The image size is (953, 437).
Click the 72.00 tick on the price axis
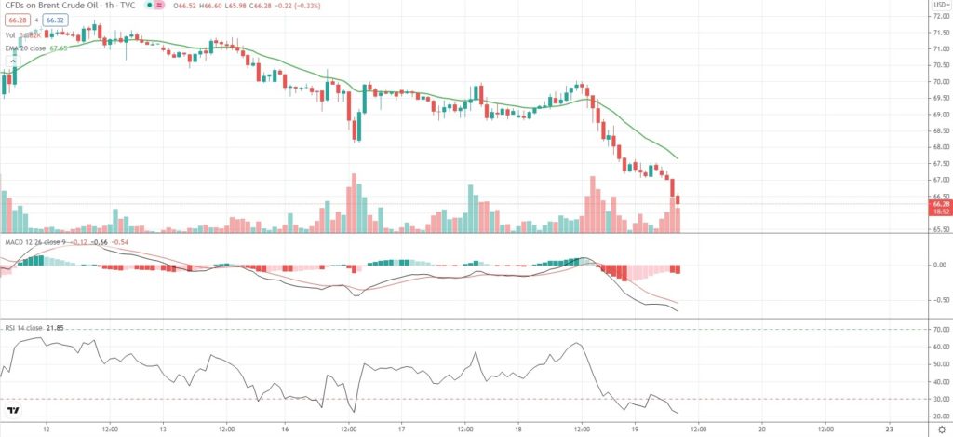939,14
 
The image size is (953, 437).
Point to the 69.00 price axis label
939,114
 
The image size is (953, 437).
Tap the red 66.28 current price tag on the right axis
939,203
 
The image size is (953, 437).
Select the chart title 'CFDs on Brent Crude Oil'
56,6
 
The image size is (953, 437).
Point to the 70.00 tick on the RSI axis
939,330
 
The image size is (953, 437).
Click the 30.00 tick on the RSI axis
939,400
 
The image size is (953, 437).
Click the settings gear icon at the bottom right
941,429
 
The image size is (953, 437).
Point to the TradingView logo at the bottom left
13,410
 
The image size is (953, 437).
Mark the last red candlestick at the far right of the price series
678,199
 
